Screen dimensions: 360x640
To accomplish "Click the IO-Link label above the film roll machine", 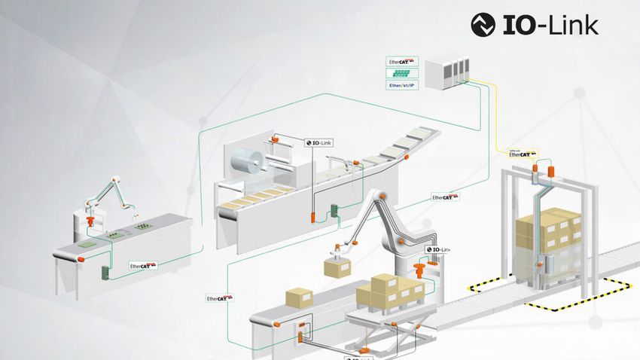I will (x=318, y=142).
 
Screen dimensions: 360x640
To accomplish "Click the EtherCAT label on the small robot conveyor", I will (x=143, y=265).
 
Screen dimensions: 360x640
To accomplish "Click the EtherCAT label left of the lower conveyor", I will (x=218, y=299).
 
